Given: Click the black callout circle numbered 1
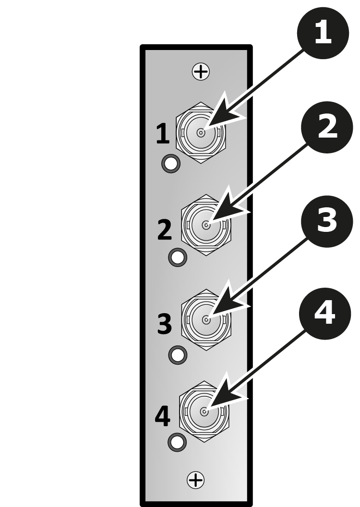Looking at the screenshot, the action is (x=323, y=33).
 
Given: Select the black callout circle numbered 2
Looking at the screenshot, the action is (x=327, y=127).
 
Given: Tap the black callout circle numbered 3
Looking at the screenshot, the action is (x=327, y=221).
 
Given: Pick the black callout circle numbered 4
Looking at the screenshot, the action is (x=325, y=314).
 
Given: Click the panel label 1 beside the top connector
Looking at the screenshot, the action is (x=163, y=133).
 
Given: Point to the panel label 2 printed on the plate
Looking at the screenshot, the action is (x=165, y=229).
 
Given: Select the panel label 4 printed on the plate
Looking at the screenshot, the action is (x=163, y=417).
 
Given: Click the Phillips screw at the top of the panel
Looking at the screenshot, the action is (x=201, y=72).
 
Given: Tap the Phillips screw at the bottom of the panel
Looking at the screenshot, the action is (x=196, y=480).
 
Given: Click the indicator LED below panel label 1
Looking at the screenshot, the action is (x=171, y=164).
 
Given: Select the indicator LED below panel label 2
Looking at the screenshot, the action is (x=178, y=257).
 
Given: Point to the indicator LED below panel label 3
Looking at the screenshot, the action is (x=178, y=355).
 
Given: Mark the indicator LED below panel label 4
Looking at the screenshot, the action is (x=177, y=442).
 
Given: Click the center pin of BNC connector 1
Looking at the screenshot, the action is (x=201, y=133).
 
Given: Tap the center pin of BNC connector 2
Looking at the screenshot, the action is (x=206, y=225).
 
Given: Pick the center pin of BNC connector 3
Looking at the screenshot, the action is (x=206, y=320).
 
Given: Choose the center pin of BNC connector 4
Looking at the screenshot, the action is (x=204, y=412).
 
